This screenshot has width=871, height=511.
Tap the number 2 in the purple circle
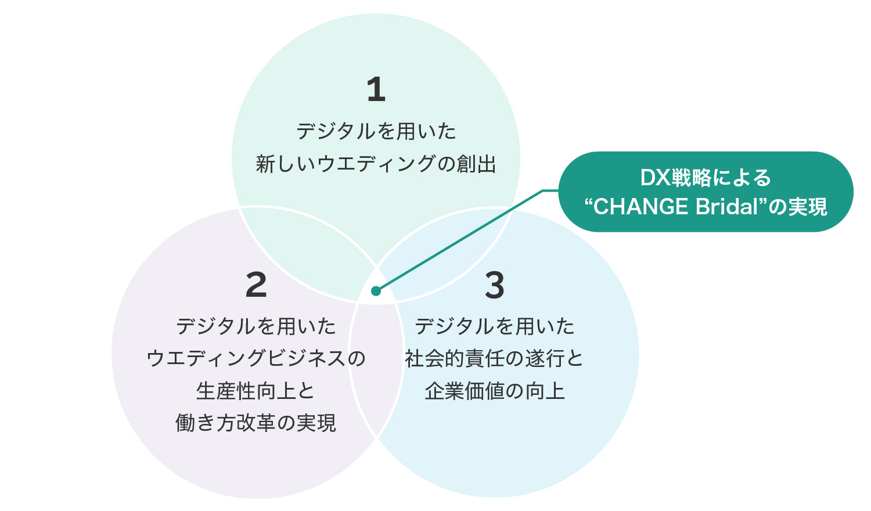tap(256, 285)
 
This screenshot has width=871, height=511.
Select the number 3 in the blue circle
tap(495, 285)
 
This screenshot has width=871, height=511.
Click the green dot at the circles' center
tap(376, 291)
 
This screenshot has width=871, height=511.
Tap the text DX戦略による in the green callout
tap(706, 178)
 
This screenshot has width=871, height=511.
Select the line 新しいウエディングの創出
tap(376, 164)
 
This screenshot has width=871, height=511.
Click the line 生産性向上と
tap(255, 391)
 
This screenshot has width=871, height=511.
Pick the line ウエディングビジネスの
tap(256, 358)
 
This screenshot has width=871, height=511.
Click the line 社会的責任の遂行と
tap(494, 358)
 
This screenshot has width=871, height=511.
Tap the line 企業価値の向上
tap(495, 391)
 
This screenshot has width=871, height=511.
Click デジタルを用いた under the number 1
tap(376, 131)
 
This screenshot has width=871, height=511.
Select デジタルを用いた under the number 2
tap(256, 326)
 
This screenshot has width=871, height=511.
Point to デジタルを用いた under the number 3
tap(495, 326)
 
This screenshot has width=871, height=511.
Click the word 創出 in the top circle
tap(476, 164)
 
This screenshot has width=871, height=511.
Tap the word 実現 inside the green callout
tap(808, 207)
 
